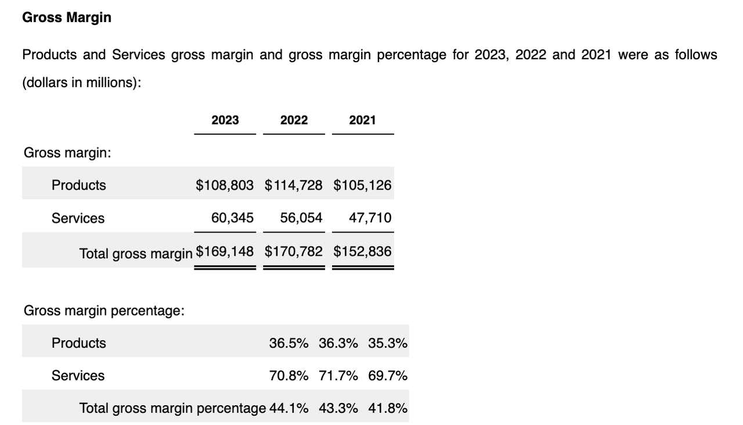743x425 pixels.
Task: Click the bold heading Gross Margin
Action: pos(67,17)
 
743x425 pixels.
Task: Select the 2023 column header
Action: pos(225,120)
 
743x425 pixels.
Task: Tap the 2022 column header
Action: pos(294,120)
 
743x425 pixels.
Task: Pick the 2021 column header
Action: pos(362,120)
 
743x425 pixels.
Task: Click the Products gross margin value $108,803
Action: pos(225,185)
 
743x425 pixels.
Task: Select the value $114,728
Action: pos(294,185)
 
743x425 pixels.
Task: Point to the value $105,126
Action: pos(362,185)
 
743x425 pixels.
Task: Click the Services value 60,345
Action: pos(232,218)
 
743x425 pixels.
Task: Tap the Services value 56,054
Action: pos(301,218)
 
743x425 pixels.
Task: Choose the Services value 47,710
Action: pos(370,218)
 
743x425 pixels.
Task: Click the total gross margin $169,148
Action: pos(225,251)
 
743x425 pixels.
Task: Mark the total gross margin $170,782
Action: pos(294,251)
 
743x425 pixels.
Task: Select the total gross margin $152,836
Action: pos(362,251)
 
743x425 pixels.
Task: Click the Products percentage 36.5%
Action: pos(288,343)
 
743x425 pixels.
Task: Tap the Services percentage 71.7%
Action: pos(338,376)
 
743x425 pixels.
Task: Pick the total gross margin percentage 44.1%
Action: pos(288,408)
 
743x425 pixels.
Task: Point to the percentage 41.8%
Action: pos(387,408)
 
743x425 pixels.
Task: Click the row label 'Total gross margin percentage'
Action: pos(172,409)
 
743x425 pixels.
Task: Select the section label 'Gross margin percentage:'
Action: pos(104,311)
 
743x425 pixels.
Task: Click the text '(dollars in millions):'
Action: pos(82,83)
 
